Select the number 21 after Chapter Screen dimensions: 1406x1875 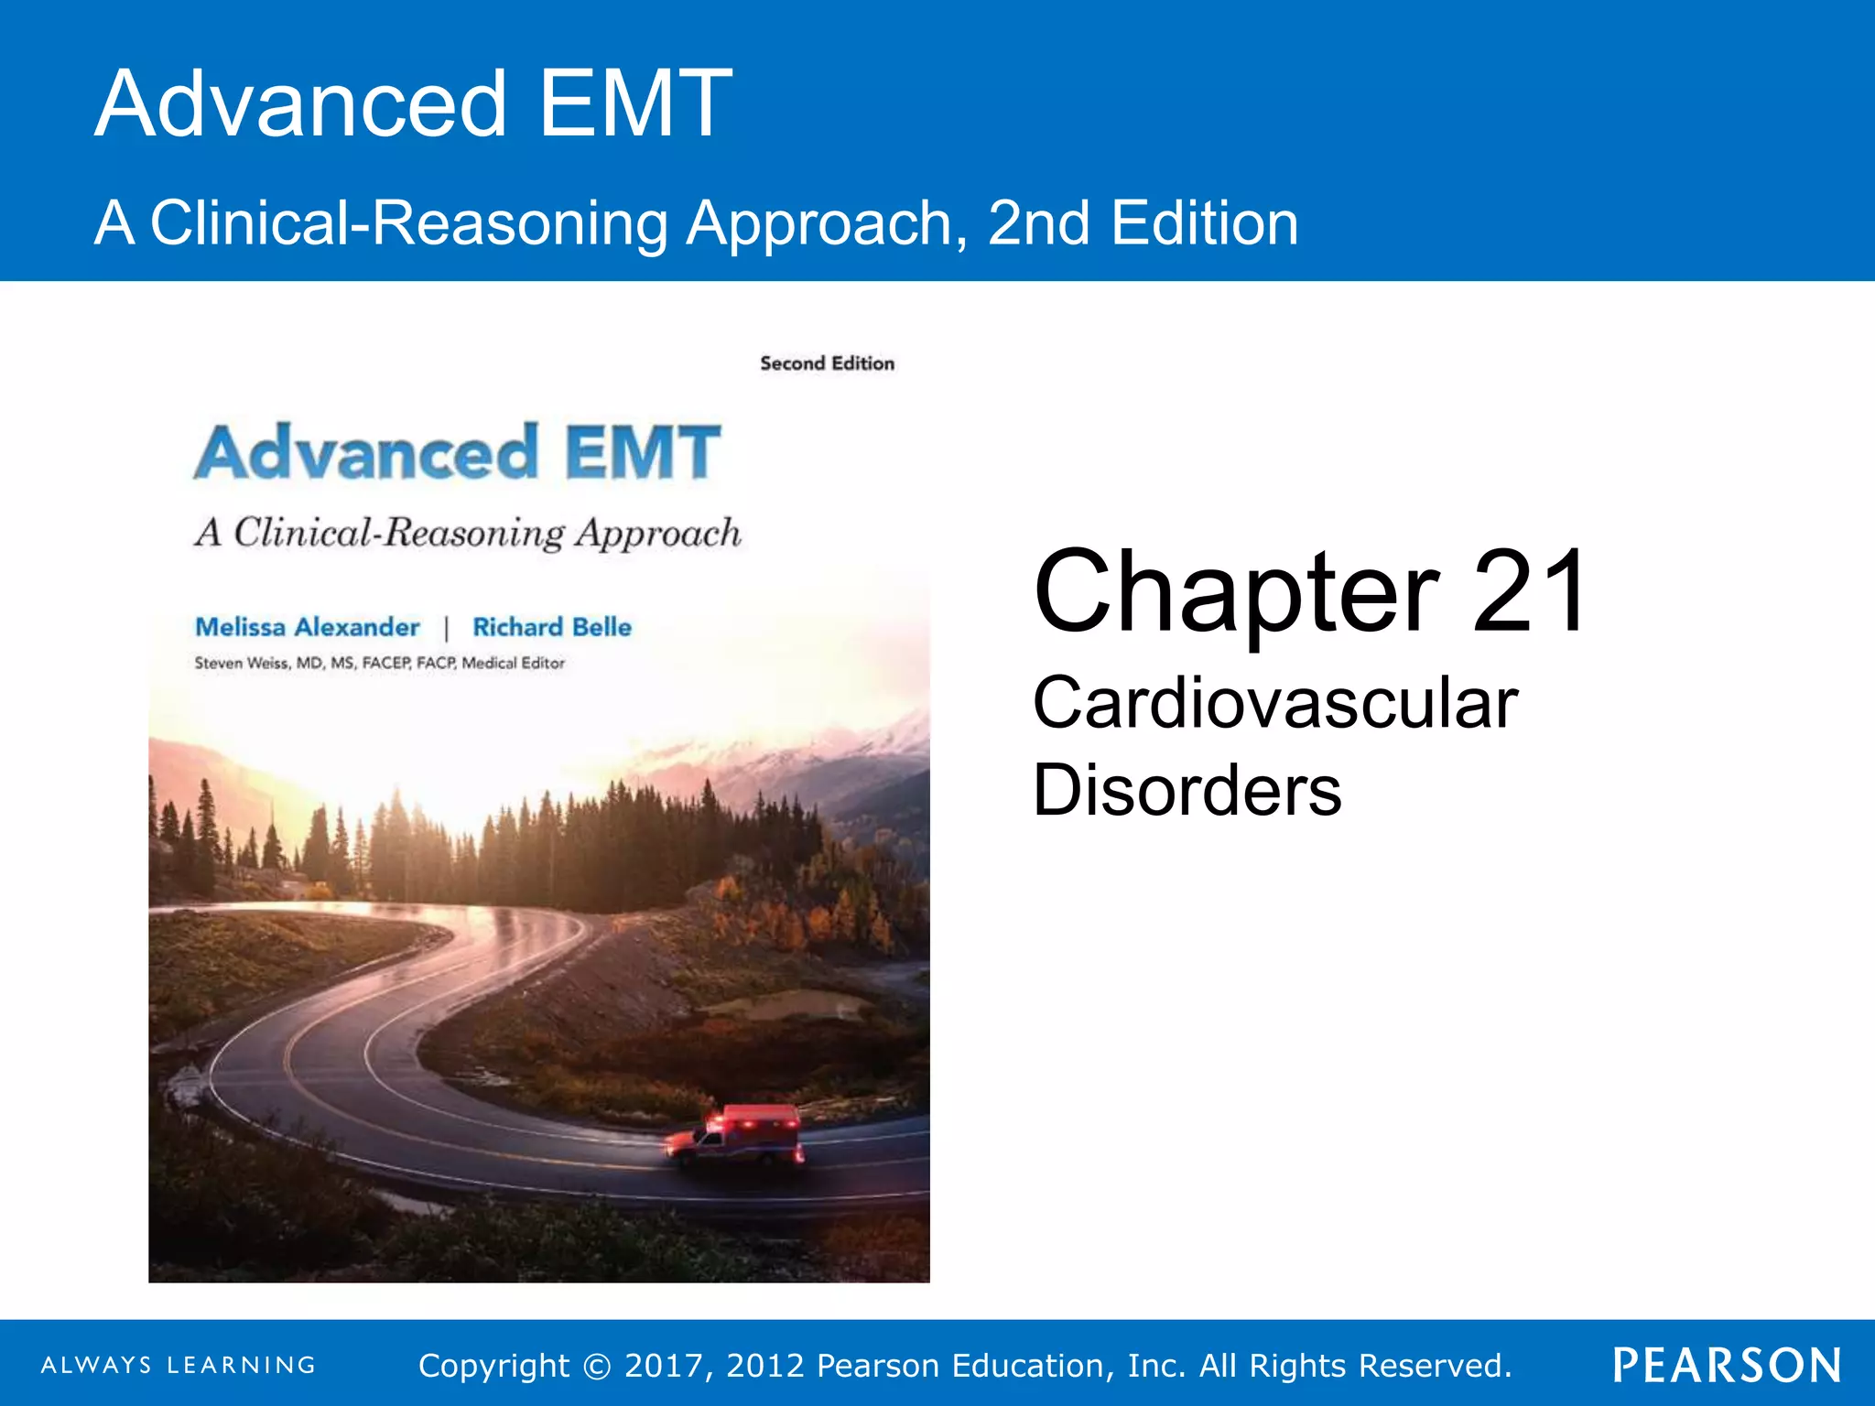coord(1531,591)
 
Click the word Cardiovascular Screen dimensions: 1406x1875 coord(1275,703)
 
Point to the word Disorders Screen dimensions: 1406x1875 coord(1187,790)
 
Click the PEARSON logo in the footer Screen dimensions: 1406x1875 coord(1727,1365)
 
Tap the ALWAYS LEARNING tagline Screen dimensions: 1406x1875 coord(179,1365)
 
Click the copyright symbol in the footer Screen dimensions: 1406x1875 coord(597,1366)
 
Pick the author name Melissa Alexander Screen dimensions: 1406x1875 coord(308,627)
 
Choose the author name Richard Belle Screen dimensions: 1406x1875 coord(552,627)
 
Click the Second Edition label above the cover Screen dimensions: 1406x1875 coord(827,363)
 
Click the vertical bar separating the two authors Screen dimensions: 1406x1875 coord(447,628)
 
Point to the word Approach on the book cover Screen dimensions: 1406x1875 coord(657,533)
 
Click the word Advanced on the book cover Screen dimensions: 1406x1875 coord(366,452)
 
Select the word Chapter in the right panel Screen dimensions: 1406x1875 coord(1237,591)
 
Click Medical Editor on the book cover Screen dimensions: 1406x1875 coord(513,663)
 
